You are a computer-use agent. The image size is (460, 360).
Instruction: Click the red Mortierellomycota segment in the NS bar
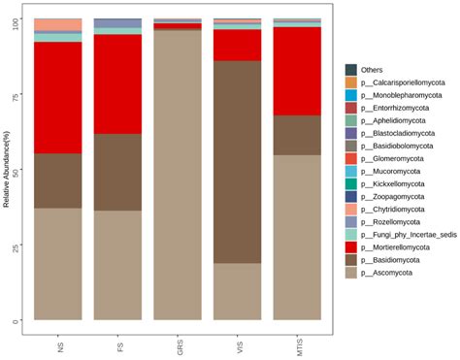click(x=58, y=97)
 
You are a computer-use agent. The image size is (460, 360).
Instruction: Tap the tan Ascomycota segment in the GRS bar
click(x=178, y=175)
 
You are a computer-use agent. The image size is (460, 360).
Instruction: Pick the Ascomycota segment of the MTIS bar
click(x=297, y=237)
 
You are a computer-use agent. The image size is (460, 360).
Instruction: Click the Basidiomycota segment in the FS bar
click(x=117, y=172)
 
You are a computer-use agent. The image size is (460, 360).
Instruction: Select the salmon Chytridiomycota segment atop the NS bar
click(x=58, y=24)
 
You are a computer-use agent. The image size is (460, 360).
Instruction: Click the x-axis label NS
click(x=60, y=341)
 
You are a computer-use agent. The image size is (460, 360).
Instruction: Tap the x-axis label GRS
click(x=179, y=343)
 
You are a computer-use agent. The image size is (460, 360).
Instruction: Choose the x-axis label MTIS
click(x=298, y=344)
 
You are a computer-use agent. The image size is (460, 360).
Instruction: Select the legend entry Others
click(x=371, y=70)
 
